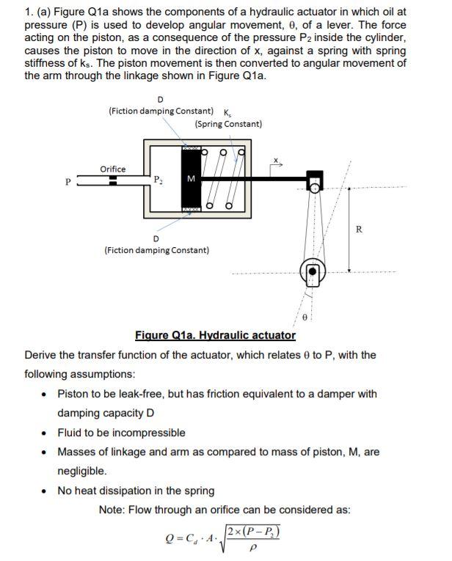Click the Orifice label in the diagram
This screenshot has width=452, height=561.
tap(112, 169)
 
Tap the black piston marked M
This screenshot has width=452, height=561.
tap(191, 179)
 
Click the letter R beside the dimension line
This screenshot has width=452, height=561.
tap(358, 230)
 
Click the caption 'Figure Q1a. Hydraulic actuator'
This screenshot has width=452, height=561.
tap(215, 336)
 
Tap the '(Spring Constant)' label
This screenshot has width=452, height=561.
tap(229, 124)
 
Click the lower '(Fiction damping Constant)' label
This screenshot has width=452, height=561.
tap(156, 250)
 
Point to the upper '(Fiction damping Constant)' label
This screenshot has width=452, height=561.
tap(161, 111)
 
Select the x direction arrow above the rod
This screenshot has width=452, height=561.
tap(277, 164)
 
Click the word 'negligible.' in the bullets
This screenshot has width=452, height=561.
tap(82, 471)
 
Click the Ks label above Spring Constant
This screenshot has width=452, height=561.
tap(225, 112)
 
